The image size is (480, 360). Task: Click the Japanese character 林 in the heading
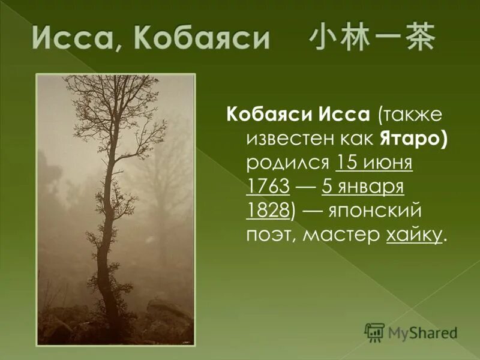point(357,40)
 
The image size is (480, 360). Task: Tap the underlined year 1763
point(268,187)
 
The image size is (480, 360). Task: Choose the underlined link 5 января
point(363,187)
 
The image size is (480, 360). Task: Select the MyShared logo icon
point(375,331)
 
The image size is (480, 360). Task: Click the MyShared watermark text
point(422,332)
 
